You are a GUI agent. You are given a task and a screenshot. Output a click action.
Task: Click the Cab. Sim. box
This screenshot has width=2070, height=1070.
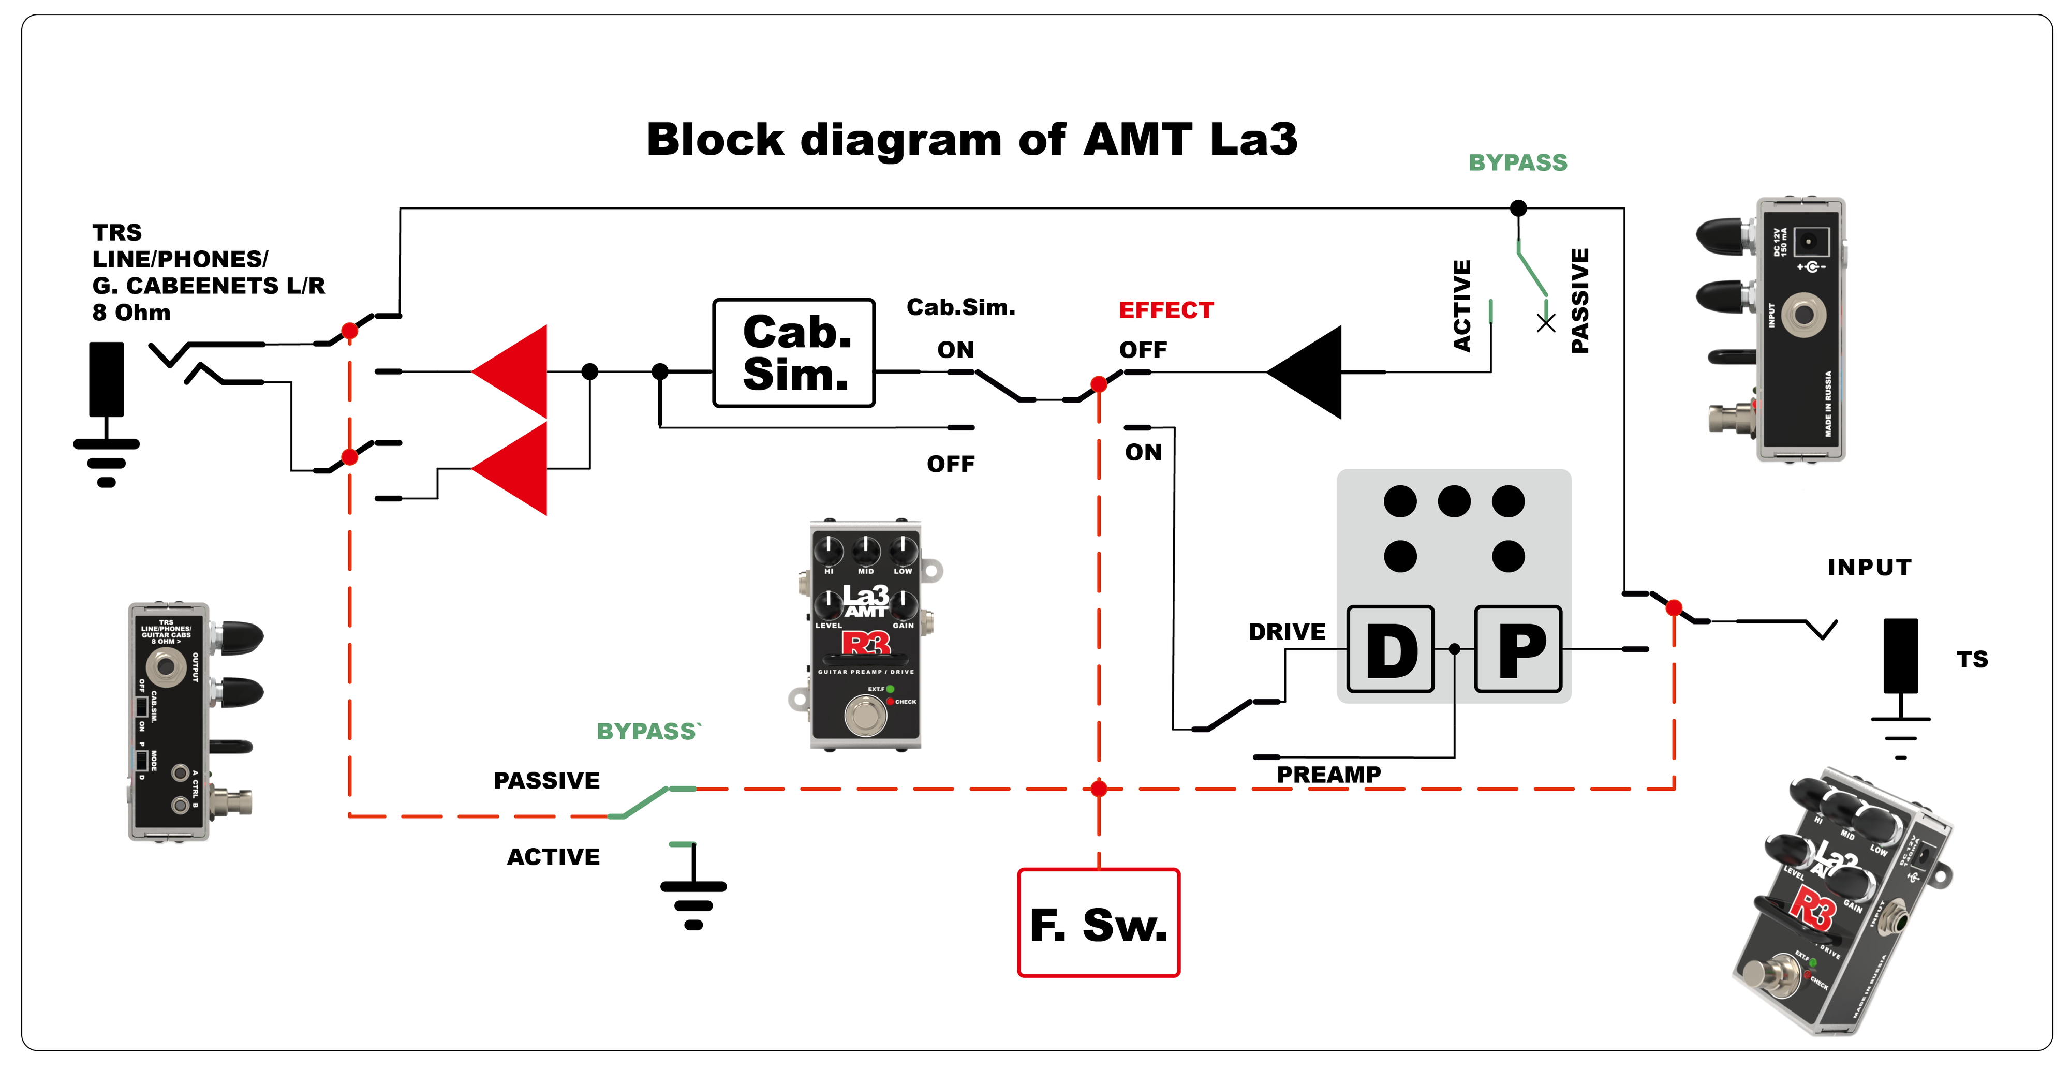(x=794, y=353)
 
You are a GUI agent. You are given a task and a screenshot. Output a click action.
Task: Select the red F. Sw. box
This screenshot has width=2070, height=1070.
(x=1099, y=923)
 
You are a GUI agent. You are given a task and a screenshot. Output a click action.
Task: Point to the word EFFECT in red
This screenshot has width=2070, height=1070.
(x=1166, y=310)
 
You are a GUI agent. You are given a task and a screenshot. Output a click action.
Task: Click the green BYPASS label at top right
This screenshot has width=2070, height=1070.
(x=1518, y=163)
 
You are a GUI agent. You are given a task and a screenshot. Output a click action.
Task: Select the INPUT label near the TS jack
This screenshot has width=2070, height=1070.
(x=1869, y=567)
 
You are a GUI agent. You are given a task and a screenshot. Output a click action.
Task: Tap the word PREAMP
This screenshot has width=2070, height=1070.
(x=1328, y=775)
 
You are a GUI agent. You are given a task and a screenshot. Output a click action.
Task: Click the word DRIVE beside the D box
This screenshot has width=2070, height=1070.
(x=1287, y=632)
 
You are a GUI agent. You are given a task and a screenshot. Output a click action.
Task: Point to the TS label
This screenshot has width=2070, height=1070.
(x=1972, y=660)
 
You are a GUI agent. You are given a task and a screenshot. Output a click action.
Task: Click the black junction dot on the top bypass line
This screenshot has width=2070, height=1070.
(x=1518, y=208)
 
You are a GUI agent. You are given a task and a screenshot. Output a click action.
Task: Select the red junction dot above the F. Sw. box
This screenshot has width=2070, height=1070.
(x=1099, y=789)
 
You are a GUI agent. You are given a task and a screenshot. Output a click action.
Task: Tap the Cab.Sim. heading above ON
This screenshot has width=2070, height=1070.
(x=961, y=307)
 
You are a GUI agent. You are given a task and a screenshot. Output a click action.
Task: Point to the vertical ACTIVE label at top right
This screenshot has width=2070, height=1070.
(x=1462, y=305)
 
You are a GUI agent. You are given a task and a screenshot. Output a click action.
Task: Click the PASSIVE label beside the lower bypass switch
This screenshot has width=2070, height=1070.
(x=546, y=781)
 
